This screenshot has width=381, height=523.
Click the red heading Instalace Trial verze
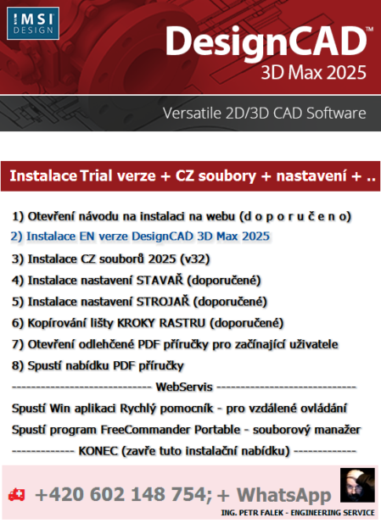point(192,176)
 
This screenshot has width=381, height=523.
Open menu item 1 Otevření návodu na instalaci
point(182,216)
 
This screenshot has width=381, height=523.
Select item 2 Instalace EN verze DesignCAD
point(140,236)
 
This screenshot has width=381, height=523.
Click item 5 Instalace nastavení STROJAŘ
point(139,301)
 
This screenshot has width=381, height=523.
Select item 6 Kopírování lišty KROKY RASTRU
point(148,322)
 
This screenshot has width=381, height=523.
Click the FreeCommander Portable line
point(187,429)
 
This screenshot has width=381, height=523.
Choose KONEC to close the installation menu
point(184,450)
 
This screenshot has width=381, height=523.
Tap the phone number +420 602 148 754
point(115,495)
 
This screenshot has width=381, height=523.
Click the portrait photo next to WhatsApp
point(356,485)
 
